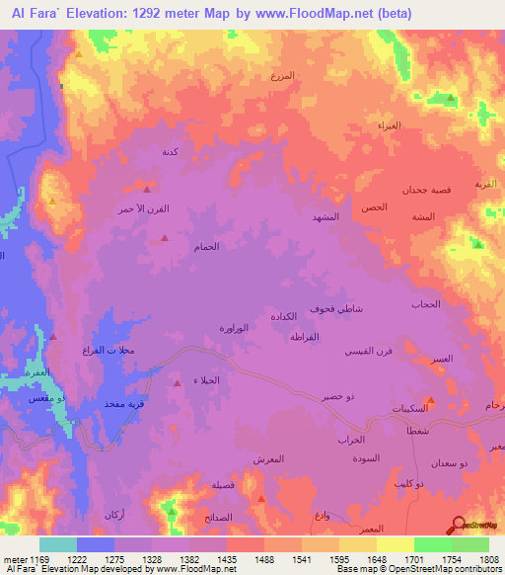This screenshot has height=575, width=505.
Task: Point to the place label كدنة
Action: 169,152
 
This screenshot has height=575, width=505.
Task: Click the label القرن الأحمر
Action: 138,209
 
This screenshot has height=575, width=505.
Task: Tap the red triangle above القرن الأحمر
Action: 147,188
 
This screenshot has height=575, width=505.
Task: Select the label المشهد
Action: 325,215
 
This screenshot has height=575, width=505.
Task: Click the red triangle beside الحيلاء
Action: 177,381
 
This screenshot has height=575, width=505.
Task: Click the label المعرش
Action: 269,458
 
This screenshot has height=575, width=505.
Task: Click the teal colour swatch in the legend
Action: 58,544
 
